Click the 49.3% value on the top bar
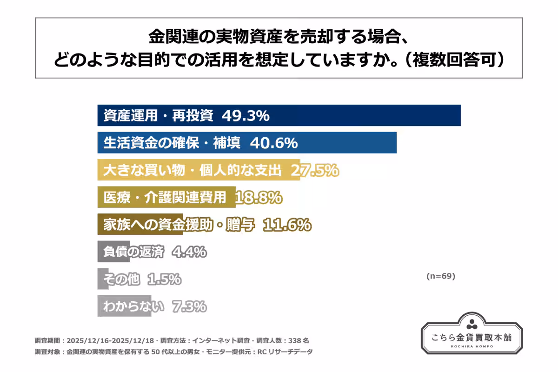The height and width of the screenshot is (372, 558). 246,116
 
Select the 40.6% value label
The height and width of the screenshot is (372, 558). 273,143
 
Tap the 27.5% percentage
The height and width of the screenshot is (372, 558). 315,171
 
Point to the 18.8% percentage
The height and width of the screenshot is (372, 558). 259,198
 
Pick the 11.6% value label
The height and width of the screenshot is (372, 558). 287,225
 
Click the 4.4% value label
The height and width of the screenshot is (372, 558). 189,252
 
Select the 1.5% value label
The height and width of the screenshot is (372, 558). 164,279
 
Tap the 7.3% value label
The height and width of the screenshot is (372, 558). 189,306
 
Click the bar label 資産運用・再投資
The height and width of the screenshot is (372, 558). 158,116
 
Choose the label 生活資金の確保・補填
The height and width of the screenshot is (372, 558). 172,143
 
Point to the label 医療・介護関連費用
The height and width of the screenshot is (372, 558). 165,198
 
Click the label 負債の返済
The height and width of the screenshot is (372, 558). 133,252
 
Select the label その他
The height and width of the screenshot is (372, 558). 121,279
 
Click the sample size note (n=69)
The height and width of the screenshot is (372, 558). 440,276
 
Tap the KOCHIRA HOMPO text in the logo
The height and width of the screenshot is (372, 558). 472,347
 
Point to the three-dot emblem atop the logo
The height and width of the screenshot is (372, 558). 472,323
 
